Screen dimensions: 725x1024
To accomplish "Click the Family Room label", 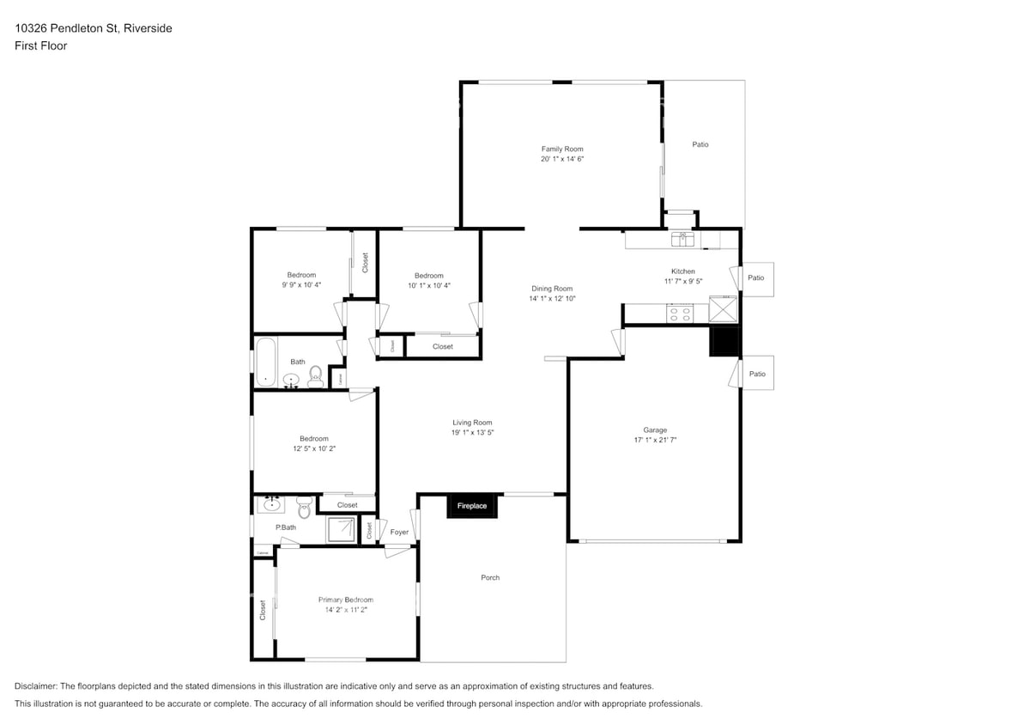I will [562, 149].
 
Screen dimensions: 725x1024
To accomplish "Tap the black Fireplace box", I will [471, 506].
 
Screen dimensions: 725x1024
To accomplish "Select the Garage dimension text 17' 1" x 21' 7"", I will [655, 440].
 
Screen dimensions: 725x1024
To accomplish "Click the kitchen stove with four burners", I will [680, 314].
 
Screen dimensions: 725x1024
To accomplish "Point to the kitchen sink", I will [683, 238].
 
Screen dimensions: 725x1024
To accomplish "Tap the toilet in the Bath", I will [315, 375].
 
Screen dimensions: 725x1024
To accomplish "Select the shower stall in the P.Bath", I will [339, 529].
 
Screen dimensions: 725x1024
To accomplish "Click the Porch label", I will [490, 577].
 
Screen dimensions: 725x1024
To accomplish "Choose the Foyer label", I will [399, 533].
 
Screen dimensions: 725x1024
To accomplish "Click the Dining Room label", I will [551, 289].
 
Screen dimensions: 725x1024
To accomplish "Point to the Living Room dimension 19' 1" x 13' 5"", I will [472, 432].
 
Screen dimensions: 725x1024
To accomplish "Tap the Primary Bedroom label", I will [345, 600].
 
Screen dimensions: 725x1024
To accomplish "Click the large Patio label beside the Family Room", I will [700, 144].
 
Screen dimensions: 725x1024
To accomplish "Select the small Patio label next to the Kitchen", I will [756, 277].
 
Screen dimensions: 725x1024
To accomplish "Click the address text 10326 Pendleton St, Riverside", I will [94, 28].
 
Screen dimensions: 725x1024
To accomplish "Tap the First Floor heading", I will [40, 46].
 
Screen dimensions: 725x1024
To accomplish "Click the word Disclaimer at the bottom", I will [35, 686].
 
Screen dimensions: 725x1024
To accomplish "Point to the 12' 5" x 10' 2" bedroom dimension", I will [313, 448].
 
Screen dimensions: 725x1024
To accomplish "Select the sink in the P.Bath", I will [272, 503].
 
